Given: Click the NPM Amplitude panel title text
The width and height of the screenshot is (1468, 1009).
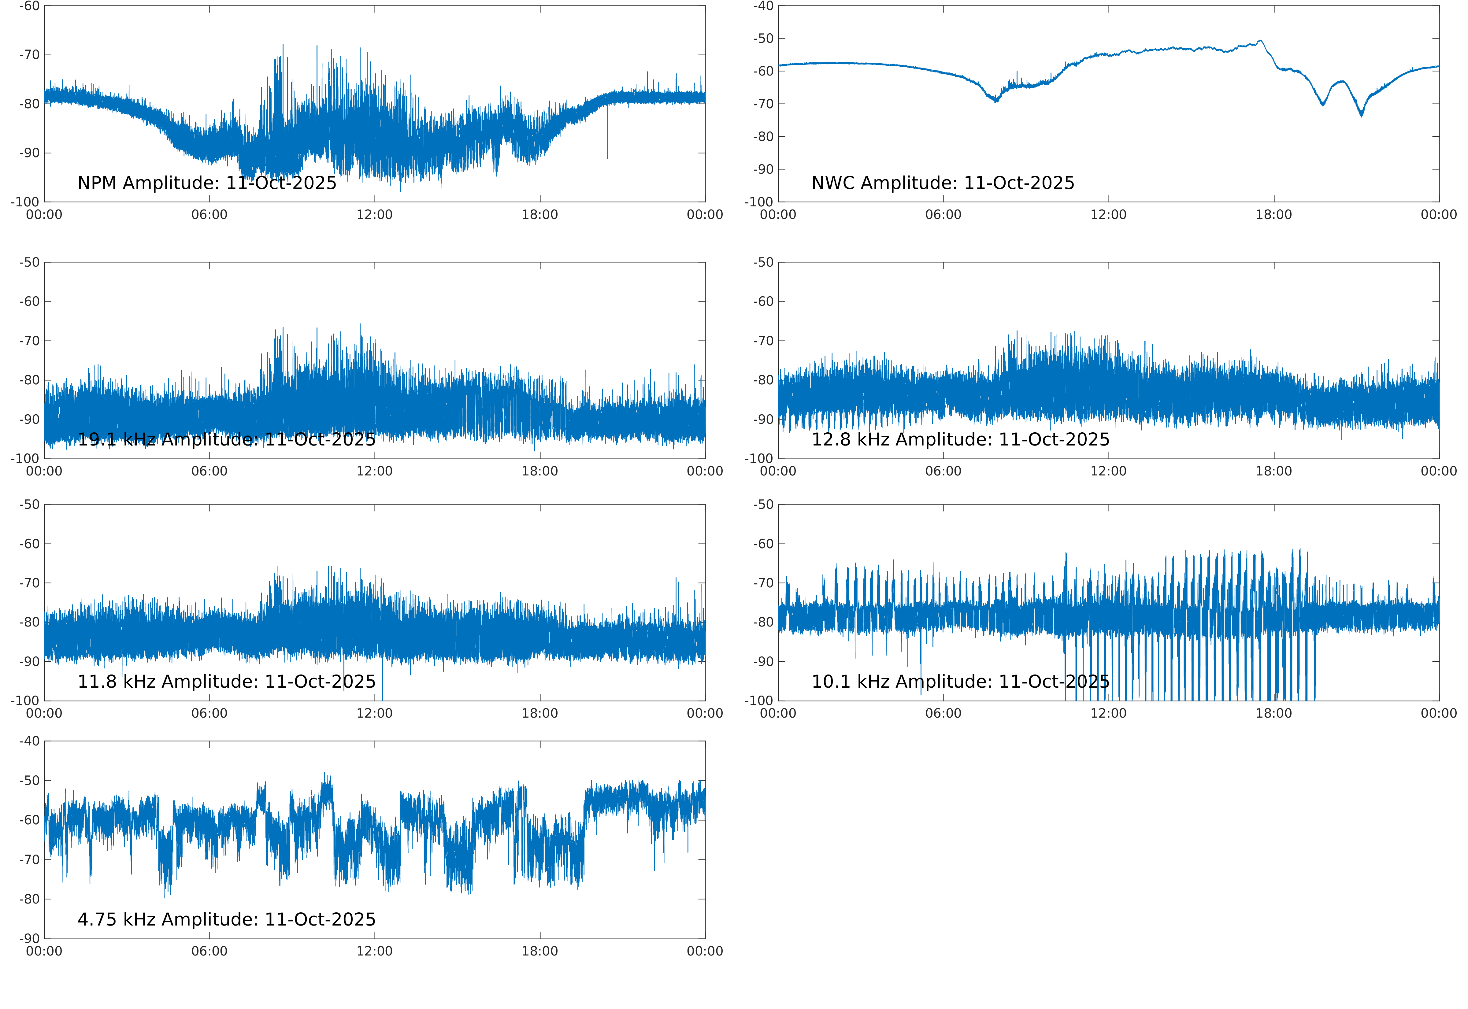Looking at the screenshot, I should tap(207, 183).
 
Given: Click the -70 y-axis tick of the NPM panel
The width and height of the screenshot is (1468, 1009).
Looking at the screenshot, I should tap(29, 55).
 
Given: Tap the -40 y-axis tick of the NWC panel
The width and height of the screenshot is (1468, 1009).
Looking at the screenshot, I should tap(763, 6).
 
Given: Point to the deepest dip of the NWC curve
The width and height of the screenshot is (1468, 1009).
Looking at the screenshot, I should tap(1361, 115).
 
